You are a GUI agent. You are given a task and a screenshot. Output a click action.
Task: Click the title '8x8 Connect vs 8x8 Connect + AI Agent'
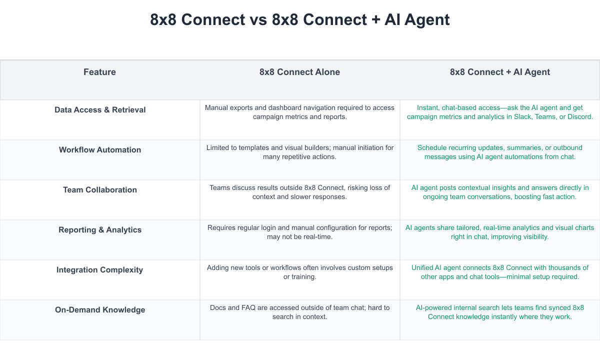tap(300, 20)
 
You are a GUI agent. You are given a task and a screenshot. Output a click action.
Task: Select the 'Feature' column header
tap(99, 72)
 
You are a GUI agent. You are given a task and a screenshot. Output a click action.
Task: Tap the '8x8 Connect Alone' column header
tap(299, 72)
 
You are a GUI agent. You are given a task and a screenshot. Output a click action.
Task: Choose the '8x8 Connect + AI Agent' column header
tap(499, 72)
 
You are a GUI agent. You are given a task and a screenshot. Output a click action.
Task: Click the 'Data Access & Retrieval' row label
tap(100, 110)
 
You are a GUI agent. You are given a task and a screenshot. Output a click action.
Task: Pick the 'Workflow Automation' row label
tap(100, 150)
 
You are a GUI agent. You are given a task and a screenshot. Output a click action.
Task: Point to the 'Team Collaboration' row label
tap(100, 190)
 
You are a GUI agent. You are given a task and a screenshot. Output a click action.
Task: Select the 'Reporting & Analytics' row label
tap(100, 230)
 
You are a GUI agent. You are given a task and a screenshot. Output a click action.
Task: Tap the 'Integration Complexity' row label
tap(100, 270)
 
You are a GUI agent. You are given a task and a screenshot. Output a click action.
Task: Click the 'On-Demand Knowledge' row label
tap(100, 310)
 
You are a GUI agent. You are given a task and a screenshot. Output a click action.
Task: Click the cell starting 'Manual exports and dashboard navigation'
tap(299, 112)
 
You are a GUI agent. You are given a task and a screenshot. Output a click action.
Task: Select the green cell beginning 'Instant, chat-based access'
tap(499, 112)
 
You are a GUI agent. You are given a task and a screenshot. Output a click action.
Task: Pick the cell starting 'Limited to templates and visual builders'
tap(299, 152)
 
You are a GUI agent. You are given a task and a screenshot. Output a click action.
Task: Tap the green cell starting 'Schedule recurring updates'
tap(499, 152)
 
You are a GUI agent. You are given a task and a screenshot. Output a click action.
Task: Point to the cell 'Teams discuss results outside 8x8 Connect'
tap(299, 192)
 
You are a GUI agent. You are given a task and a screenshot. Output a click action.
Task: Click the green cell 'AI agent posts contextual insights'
tap(499, 192)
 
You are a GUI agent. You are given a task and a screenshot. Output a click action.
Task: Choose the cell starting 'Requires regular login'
tap(299, 232)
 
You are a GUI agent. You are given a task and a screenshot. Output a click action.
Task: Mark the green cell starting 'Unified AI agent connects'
tap(499, 272)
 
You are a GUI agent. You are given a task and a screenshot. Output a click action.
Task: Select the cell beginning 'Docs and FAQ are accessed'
tap(299, 312)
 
